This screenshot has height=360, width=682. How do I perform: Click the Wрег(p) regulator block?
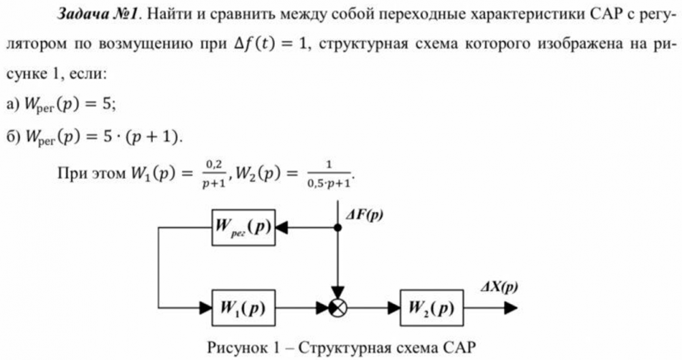point(242,228)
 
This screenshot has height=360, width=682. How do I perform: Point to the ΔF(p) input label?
point(363,215)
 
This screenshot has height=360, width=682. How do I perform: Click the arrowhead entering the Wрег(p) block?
point(280,228)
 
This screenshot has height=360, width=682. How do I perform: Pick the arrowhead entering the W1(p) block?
point(205,307)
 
